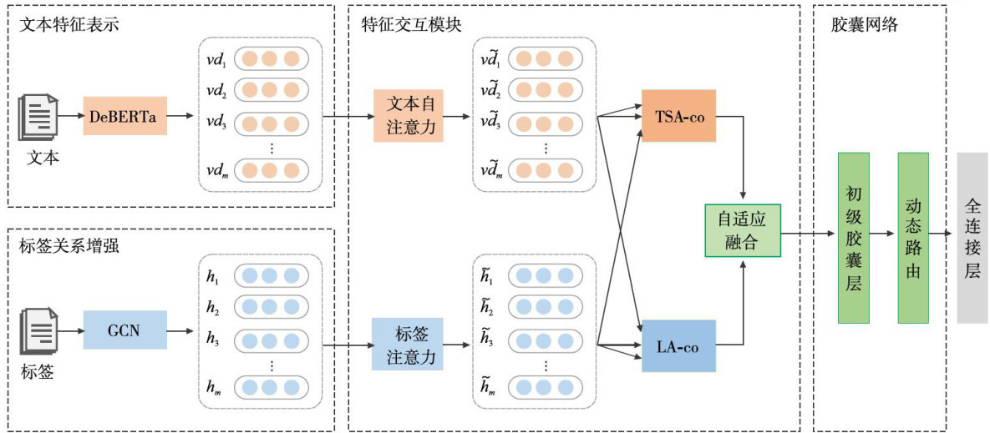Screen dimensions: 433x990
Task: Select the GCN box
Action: click(124, 330)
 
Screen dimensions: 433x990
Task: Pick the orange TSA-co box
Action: click(678, 116)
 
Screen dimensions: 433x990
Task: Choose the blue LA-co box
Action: click(678, 345)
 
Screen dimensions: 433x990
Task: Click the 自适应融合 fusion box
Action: click(742, 230)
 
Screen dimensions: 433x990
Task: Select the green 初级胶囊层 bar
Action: click(853, 238)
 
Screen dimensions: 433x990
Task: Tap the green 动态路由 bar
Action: click(913, 238)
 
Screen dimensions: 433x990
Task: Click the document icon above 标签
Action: click(38, 330)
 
